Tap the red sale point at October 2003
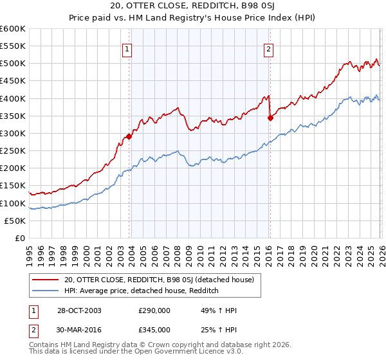click(x=129, y=136)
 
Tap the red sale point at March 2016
click(x=270, y=118)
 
